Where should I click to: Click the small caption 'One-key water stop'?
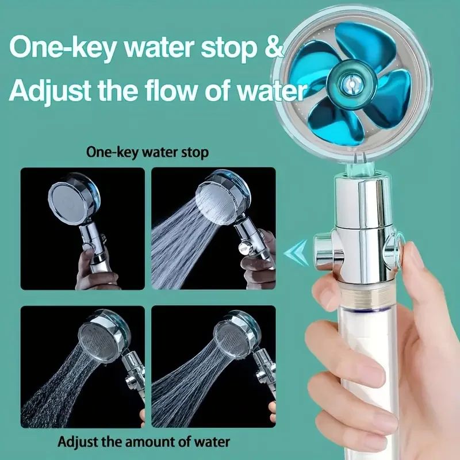pyautogui.click(x=147, y=152)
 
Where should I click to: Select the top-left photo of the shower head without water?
pyautogui.click(x=82, y=228)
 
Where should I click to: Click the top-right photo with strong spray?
pyautogui.click(x=213, y=228)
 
